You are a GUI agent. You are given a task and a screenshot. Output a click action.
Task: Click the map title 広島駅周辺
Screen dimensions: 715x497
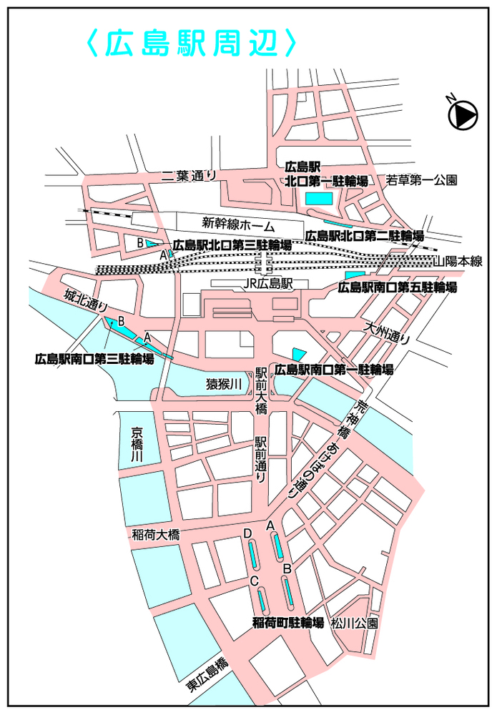pos(191,43)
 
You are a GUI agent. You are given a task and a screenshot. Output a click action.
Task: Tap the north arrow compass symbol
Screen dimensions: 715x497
pos(463,114)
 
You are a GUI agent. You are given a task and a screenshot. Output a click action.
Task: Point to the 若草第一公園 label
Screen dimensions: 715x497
pos(420,181)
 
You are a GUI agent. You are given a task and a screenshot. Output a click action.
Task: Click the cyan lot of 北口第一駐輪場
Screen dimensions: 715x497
pos(319,197)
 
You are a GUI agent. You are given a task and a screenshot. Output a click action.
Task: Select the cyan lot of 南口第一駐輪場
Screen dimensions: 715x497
pos(297,354)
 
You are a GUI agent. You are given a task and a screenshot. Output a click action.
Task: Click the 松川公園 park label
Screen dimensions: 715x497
pos(354,623)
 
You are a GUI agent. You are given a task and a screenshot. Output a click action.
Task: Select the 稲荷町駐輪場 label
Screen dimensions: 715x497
pos(288,623)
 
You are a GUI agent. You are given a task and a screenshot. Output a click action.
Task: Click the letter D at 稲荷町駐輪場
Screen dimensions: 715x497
pos(247,533)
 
